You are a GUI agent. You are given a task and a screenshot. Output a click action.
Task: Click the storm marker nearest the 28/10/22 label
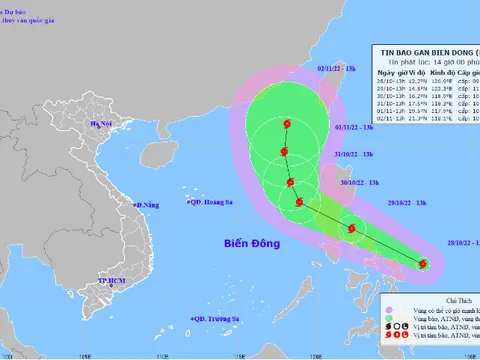(423, 264)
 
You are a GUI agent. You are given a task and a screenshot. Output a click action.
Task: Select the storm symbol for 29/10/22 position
(351, 229)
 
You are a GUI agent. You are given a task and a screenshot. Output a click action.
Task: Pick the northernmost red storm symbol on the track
(288, 124)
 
